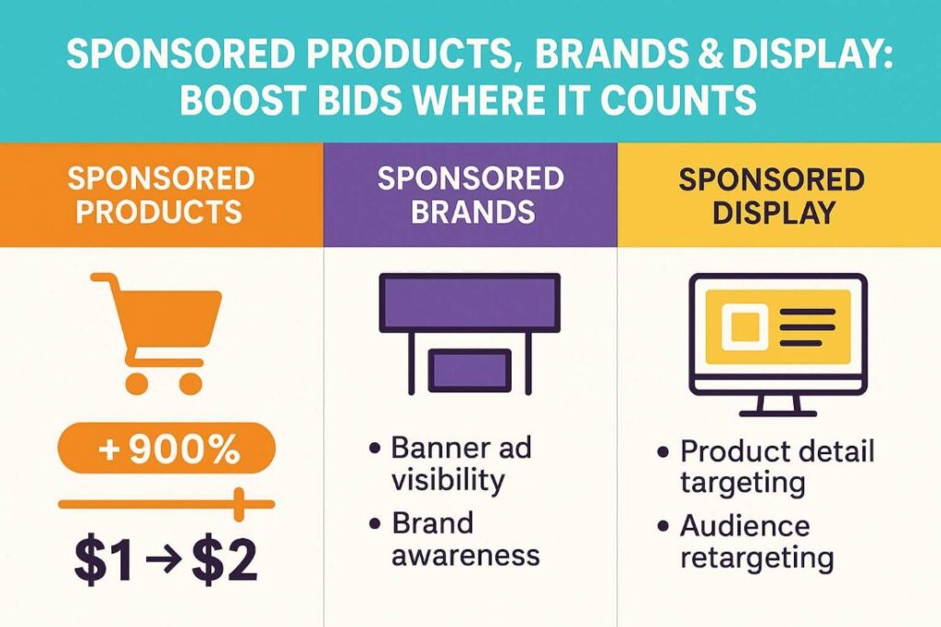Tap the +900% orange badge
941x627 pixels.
166,448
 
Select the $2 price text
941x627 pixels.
225,561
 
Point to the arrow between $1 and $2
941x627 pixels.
164,562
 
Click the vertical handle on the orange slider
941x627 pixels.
240,505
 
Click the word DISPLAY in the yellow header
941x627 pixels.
774,212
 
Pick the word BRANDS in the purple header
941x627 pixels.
472,211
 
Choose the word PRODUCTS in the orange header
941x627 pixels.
158,211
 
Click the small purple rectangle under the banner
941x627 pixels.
470,370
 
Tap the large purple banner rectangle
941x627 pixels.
470,302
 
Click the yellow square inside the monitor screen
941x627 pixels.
744,326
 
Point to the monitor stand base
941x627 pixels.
777,413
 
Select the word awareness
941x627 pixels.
466,555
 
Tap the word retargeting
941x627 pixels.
757,559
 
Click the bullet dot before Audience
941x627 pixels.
663,527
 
